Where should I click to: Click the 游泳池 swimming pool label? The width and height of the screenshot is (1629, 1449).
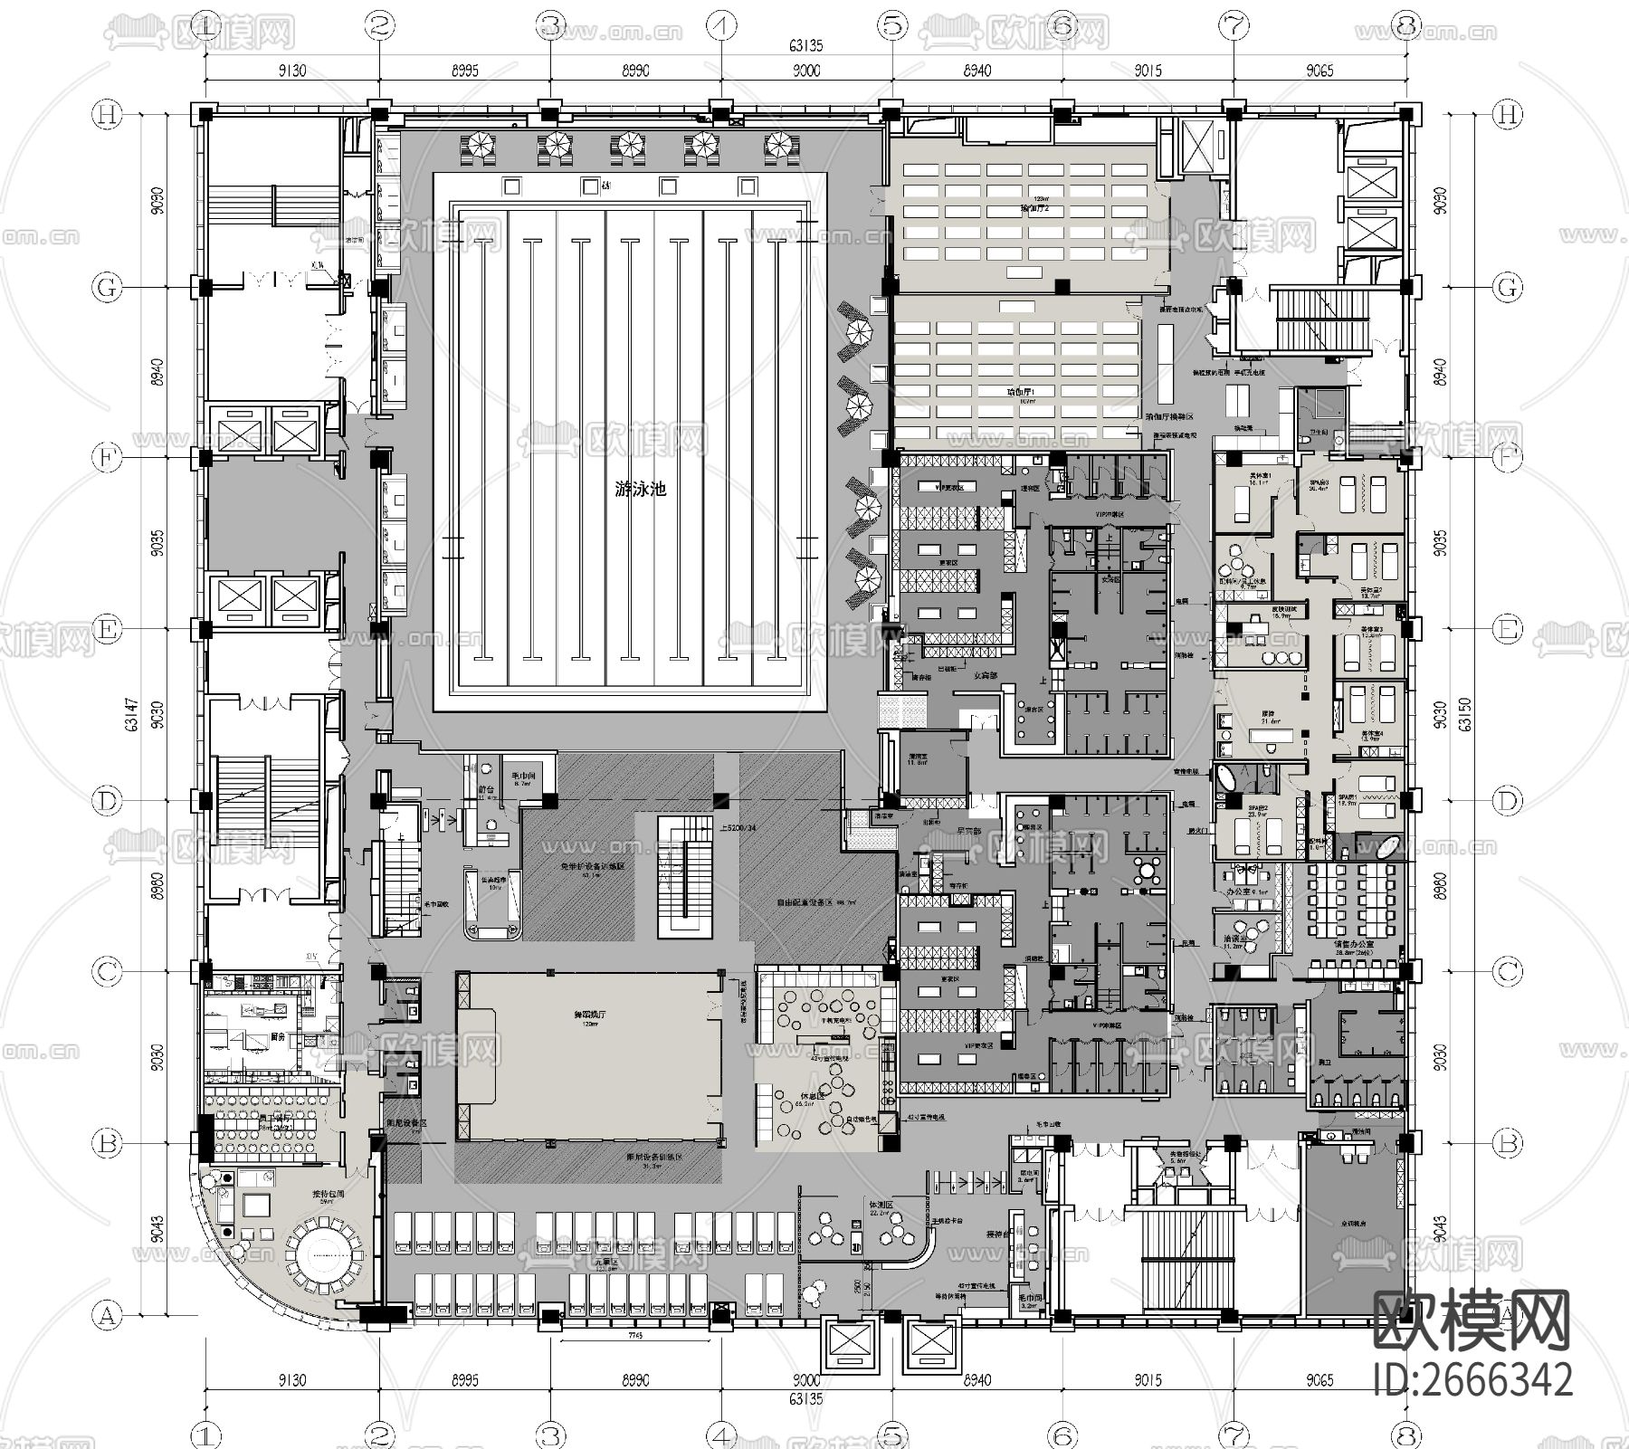[x=640, y=490]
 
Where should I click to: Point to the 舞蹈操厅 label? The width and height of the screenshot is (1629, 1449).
[x=588, y=1017]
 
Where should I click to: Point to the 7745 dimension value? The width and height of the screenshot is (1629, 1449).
[x=633, y=1336]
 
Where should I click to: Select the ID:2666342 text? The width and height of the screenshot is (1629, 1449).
[x=1472, y=1381]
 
